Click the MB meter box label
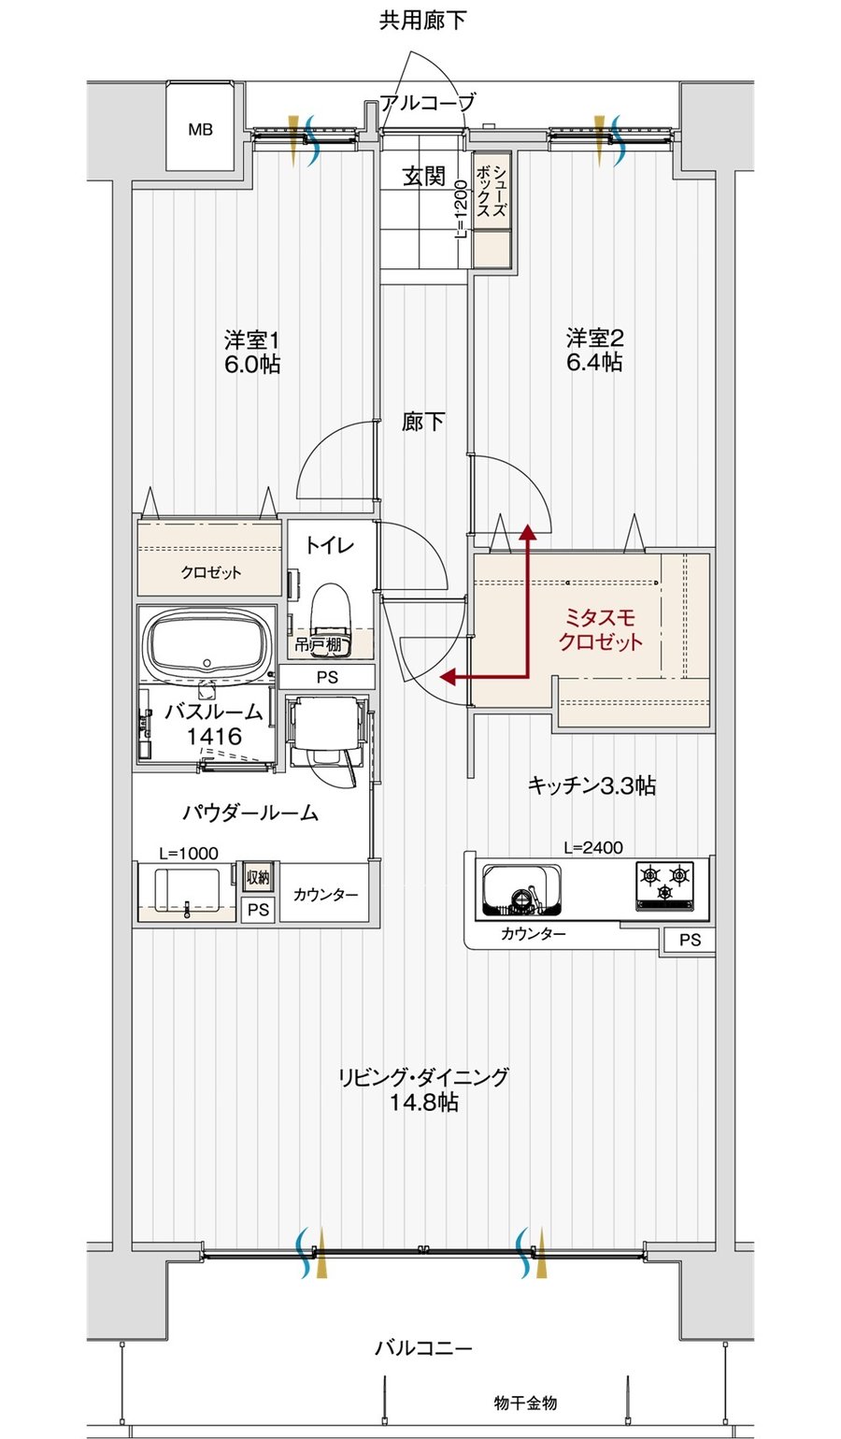coord(200,130)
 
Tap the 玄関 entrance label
coord(424,176)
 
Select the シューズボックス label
coord(492,191)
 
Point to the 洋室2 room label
coord(594,338)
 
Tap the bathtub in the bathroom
coord(207,643)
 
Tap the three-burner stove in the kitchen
coord(664,885)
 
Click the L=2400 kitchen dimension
coord(592,847)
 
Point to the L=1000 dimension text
coord(189,853)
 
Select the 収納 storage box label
coord(258,877)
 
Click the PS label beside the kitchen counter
coord(691,941)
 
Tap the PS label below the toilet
coord(327,677)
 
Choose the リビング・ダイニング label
coord(423,1075)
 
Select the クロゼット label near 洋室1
coord(210,572)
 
